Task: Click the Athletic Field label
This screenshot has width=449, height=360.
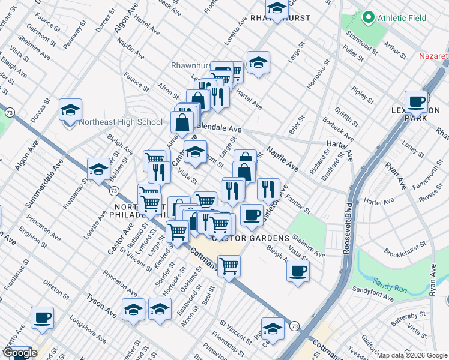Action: (x=402, y=18)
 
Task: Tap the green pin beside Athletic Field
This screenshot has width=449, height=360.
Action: (x=368, y=18)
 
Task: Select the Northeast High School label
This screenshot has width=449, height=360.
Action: (x=120, y=122)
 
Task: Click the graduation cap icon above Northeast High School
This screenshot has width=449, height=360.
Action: (x=70, y=110)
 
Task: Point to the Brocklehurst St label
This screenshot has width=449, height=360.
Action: (x=406, y=247)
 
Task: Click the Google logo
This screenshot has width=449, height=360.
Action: (x=20, y=353)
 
